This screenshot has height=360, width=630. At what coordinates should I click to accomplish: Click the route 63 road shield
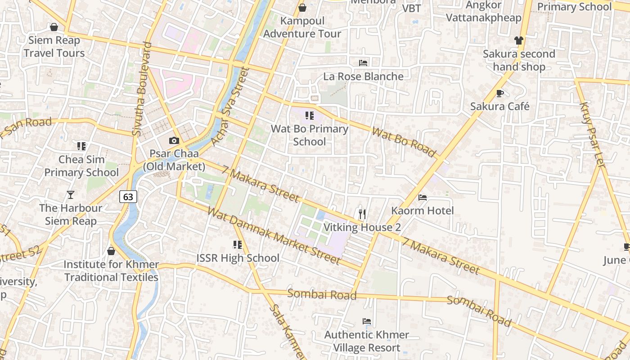click(128, 197)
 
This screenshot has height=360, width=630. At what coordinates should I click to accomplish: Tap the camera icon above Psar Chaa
click(174, 141)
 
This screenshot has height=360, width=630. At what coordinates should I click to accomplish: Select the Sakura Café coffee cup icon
click(499, 93)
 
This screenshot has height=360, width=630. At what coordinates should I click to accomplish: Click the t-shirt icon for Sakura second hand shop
click(519, 40)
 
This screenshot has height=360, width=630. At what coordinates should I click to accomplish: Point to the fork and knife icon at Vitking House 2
click(362, 214)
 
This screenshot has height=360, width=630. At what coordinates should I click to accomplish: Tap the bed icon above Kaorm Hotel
click(422, 197)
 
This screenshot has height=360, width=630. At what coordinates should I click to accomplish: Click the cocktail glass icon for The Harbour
click(70, 195)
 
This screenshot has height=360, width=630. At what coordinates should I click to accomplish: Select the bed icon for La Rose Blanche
click(363, 63)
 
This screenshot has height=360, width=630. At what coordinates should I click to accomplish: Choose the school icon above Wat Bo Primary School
click(309, 116)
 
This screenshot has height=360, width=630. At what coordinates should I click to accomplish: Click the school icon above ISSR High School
click(238, 245)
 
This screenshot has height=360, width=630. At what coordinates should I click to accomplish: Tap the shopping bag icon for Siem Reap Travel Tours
click(54, 27)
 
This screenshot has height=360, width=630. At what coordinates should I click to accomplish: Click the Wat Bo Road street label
click(404, 142)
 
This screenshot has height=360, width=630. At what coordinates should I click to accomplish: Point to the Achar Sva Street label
click(229, 107)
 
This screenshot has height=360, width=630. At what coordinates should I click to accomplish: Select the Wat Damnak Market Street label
click(274, 235)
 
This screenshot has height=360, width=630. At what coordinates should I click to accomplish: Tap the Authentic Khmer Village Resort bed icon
click(367, 321)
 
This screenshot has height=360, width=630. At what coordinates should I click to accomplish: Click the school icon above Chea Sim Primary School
click(81, 146)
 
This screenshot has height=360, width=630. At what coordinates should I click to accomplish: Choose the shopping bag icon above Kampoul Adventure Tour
click(302, 8)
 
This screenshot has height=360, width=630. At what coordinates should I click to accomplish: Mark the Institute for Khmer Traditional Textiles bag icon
click(111, 251)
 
